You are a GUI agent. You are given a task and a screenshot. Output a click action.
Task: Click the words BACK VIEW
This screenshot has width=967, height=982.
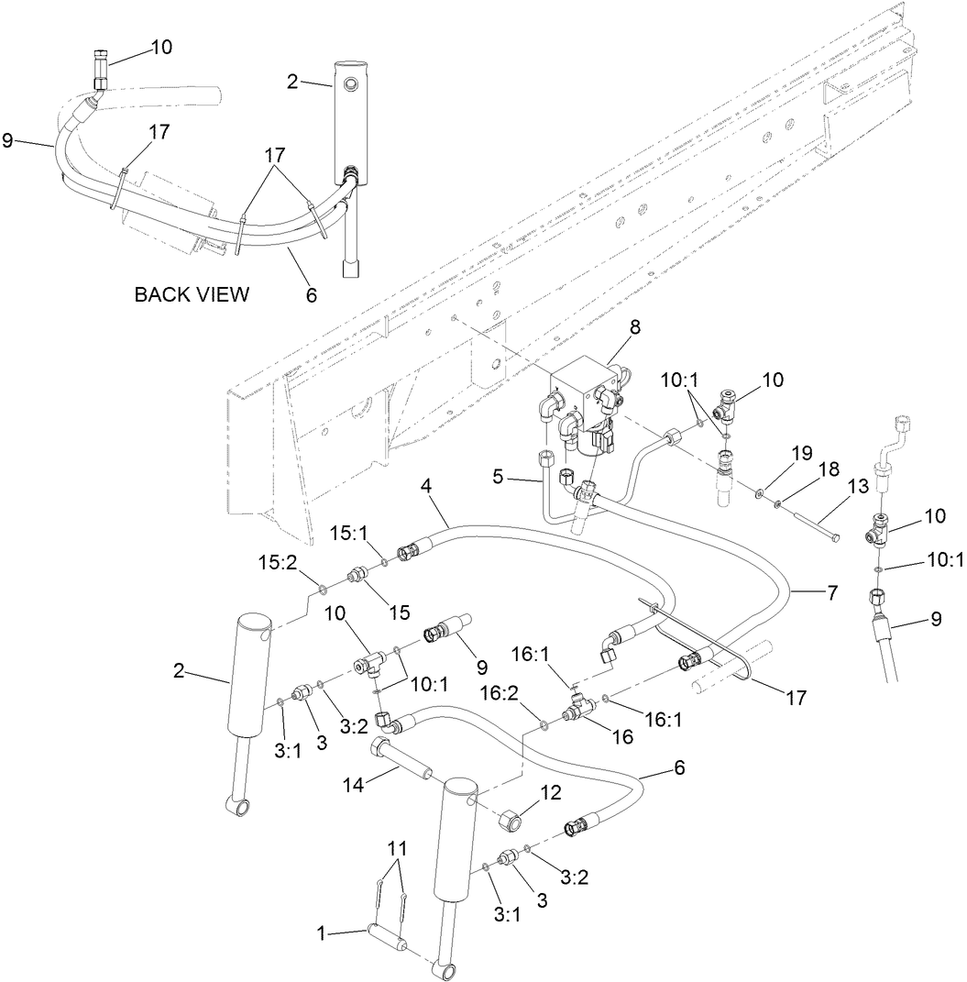coord(192,294)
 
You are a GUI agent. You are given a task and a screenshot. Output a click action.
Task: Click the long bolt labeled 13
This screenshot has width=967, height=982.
coord(807,524)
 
